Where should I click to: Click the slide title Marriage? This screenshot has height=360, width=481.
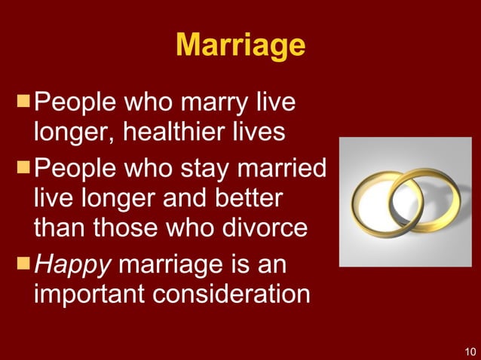[240, 46]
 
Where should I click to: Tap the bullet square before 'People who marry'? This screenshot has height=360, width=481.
[24, 101]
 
